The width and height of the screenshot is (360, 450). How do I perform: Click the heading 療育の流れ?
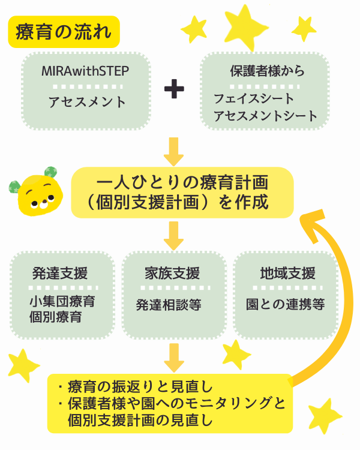click(64, 31)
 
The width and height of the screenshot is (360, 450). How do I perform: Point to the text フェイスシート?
click(254, 98)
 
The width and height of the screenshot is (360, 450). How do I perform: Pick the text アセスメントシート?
click(265, 116)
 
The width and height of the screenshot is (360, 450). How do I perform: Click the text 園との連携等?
click(285, 305)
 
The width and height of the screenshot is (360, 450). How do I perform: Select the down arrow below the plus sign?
click(174, 151)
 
